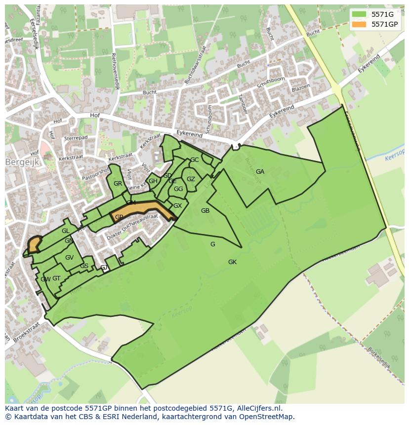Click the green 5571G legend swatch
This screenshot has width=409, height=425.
(359, 14)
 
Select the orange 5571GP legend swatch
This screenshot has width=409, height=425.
(359, 24)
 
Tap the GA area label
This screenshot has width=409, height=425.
(260, 172)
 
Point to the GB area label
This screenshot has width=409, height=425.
(205, 211)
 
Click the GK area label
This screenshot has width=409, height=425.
(232, 262)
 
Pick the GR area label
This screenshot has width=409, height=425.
(118, 184)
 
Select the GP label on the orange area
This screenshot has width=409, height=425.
(119, 217)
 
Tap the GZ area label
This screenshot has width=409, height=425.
(191, 179)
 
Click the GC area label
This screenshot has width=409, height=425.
(194, 160)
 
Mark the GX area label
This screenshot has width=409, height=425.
(177, 206)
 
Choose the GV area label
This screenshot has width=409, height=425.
(69, 258)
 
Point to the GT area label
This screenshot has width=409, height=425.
(56, 279)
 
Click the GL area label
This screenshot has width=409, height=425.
(65, 231)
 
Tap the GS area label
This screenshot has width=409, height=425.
(84, 266)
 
